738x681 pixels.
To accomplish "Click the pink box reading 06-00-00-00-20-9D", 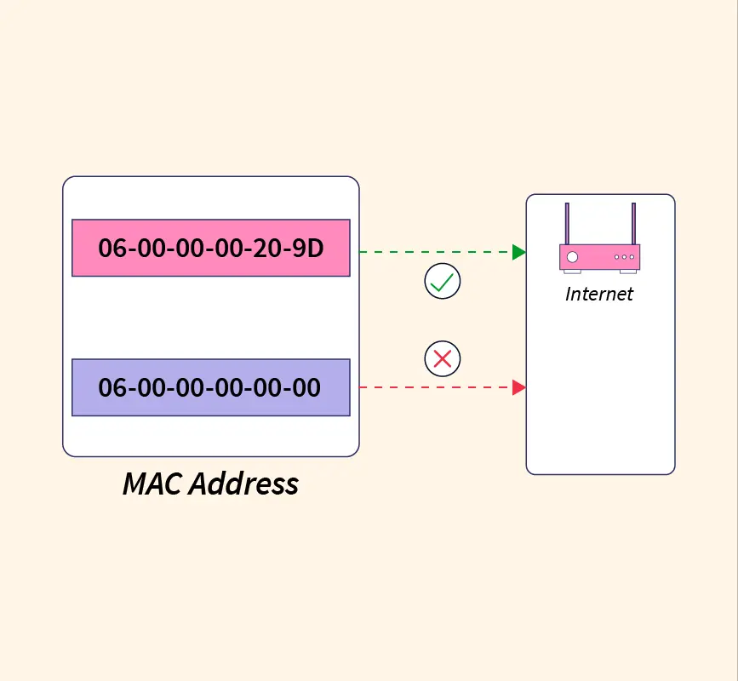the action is tap(211, 248).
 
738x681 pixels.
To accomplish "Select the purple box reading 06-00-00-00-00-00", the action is tap(211, 387).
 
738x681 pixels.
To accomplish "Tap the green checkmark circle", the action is tap(443, 281).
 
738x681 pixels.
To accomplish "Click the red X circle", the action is tap(443, 358).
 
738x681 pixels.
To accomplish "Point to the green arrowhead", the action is tap(519, 252).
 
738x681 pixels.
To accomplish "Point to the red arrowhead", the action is tap(519, 387).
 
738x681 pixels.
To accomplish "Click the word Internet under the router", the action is tap(599, 295).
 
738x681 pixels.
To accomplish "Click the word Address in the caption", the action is tap(243, 484).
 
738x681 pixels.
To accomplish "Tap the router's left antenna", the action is tap(567, 224).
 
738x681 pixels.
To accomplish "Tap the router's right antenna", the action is tap(633, 224).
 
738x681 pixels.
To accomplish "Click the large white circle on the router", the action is tap(572, 257).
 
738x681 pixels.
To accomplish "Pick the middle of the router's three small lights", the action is tap(624, 257).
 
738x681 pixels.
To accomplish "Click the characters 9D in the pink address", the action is tap(308, 248).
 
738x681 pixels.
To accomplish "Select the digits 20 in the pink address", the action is tap(267, 248).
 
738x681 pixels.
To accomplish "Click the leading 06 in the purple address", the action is tap(112, 388).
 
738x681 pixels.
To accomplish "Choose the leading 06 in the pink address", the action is tap(112, 248).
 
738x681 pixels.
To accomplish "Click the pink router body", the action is tap(599, 257).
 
